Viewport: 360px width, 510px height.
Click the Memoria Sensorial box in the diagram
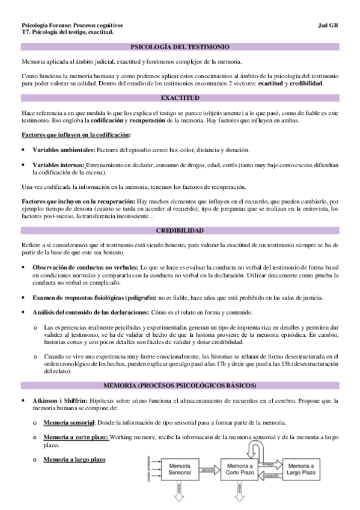(180, 469)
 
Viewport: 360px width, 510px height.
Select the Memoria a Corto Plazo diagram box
(239, 469)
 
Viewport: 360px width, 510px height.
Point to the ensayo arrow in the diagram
(270, 464)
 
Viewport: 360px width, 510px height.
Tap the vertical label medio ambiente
(149, 469)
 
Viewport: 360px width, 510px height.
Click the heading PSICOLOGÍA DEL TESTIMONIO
(180, 47)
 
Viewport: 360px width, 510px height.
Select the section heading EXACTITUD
(180, 97)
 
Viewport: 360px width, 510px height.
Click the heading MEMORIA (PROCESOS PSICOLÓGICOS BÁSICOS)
(180, 385)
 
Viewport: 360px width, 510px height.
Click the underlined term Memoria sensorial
(69, 423)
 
